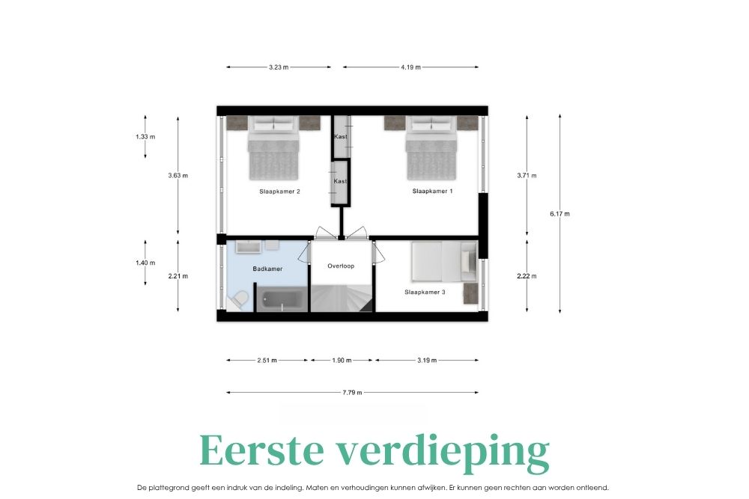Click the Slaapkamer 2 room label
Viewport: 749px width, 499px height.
(279, 192)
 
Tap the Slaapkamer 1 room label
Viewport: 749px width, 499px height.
(432, 192)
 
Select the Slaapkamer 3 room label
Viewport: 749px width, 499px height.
(425, 292)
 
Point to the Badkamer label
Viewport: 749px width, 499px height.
(267, 269)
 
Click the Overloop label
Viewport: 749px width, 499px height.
(341, 266)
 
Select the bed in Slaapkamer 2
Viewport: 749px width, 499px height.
(273, 148)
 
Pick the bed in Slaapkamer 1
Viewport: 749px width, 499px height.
(431, 148)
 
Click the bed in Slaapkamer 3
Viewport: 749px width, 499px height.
(444, 261)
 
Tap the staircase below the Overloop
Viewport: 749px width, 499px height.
(342, 299)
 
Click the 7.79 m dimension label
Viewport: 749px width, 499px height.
(352, 393)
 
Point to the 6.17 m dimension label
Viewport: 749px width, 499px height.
(560, 214)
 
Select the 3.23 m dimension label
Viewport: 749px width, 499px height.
(279, 67)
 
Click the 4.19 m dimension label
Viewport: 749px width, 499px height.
(410, 67)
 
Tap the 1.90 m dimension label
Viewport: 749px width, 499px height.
(342, 361)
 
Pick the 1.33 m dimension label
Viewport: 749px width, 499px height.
(145, 137)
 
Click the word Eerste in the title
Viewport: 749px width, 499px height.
(261, 450)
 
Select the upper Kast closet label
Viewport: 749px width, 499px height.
(341, 136)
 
